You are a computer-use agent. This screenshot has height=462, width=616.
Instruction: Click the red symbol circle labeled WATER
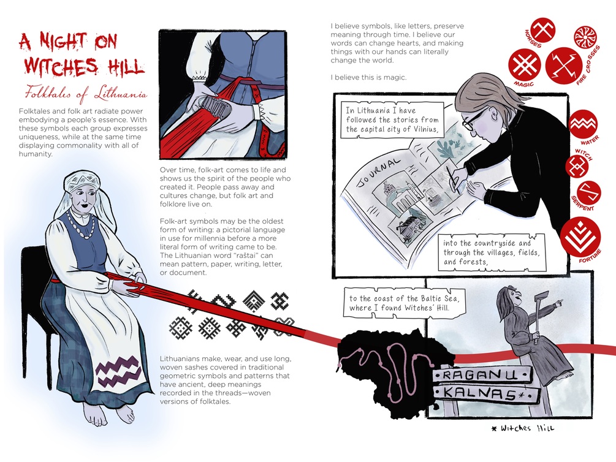[584, 124]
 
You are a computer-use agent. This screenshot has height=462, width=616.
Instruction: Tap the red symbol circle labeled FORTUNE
[580, 236]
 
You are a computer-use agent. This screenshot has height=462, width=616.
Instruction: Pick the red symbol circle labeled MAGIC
[524, 65]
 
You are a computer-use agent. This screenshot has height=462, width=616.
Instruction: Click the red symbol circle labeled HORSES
[543, 30]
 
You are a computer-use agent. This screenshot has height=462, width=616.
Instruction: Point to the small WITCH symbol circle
[577, 166]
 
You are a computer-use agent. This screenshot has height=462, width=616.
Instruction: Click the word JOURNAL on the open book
[379, 172]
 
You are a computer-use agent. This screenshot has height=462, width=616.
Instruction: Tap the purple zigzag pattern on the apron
[118, 371]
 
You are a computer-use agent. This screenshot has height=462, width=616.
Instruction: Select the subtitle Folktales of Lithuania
[86, 94]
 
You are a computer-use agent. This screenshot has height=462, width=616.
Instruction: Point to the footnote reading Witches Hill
[523, 428]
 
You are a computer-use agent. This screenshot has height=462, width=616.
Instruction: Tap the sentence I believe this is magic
[368, 77]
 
